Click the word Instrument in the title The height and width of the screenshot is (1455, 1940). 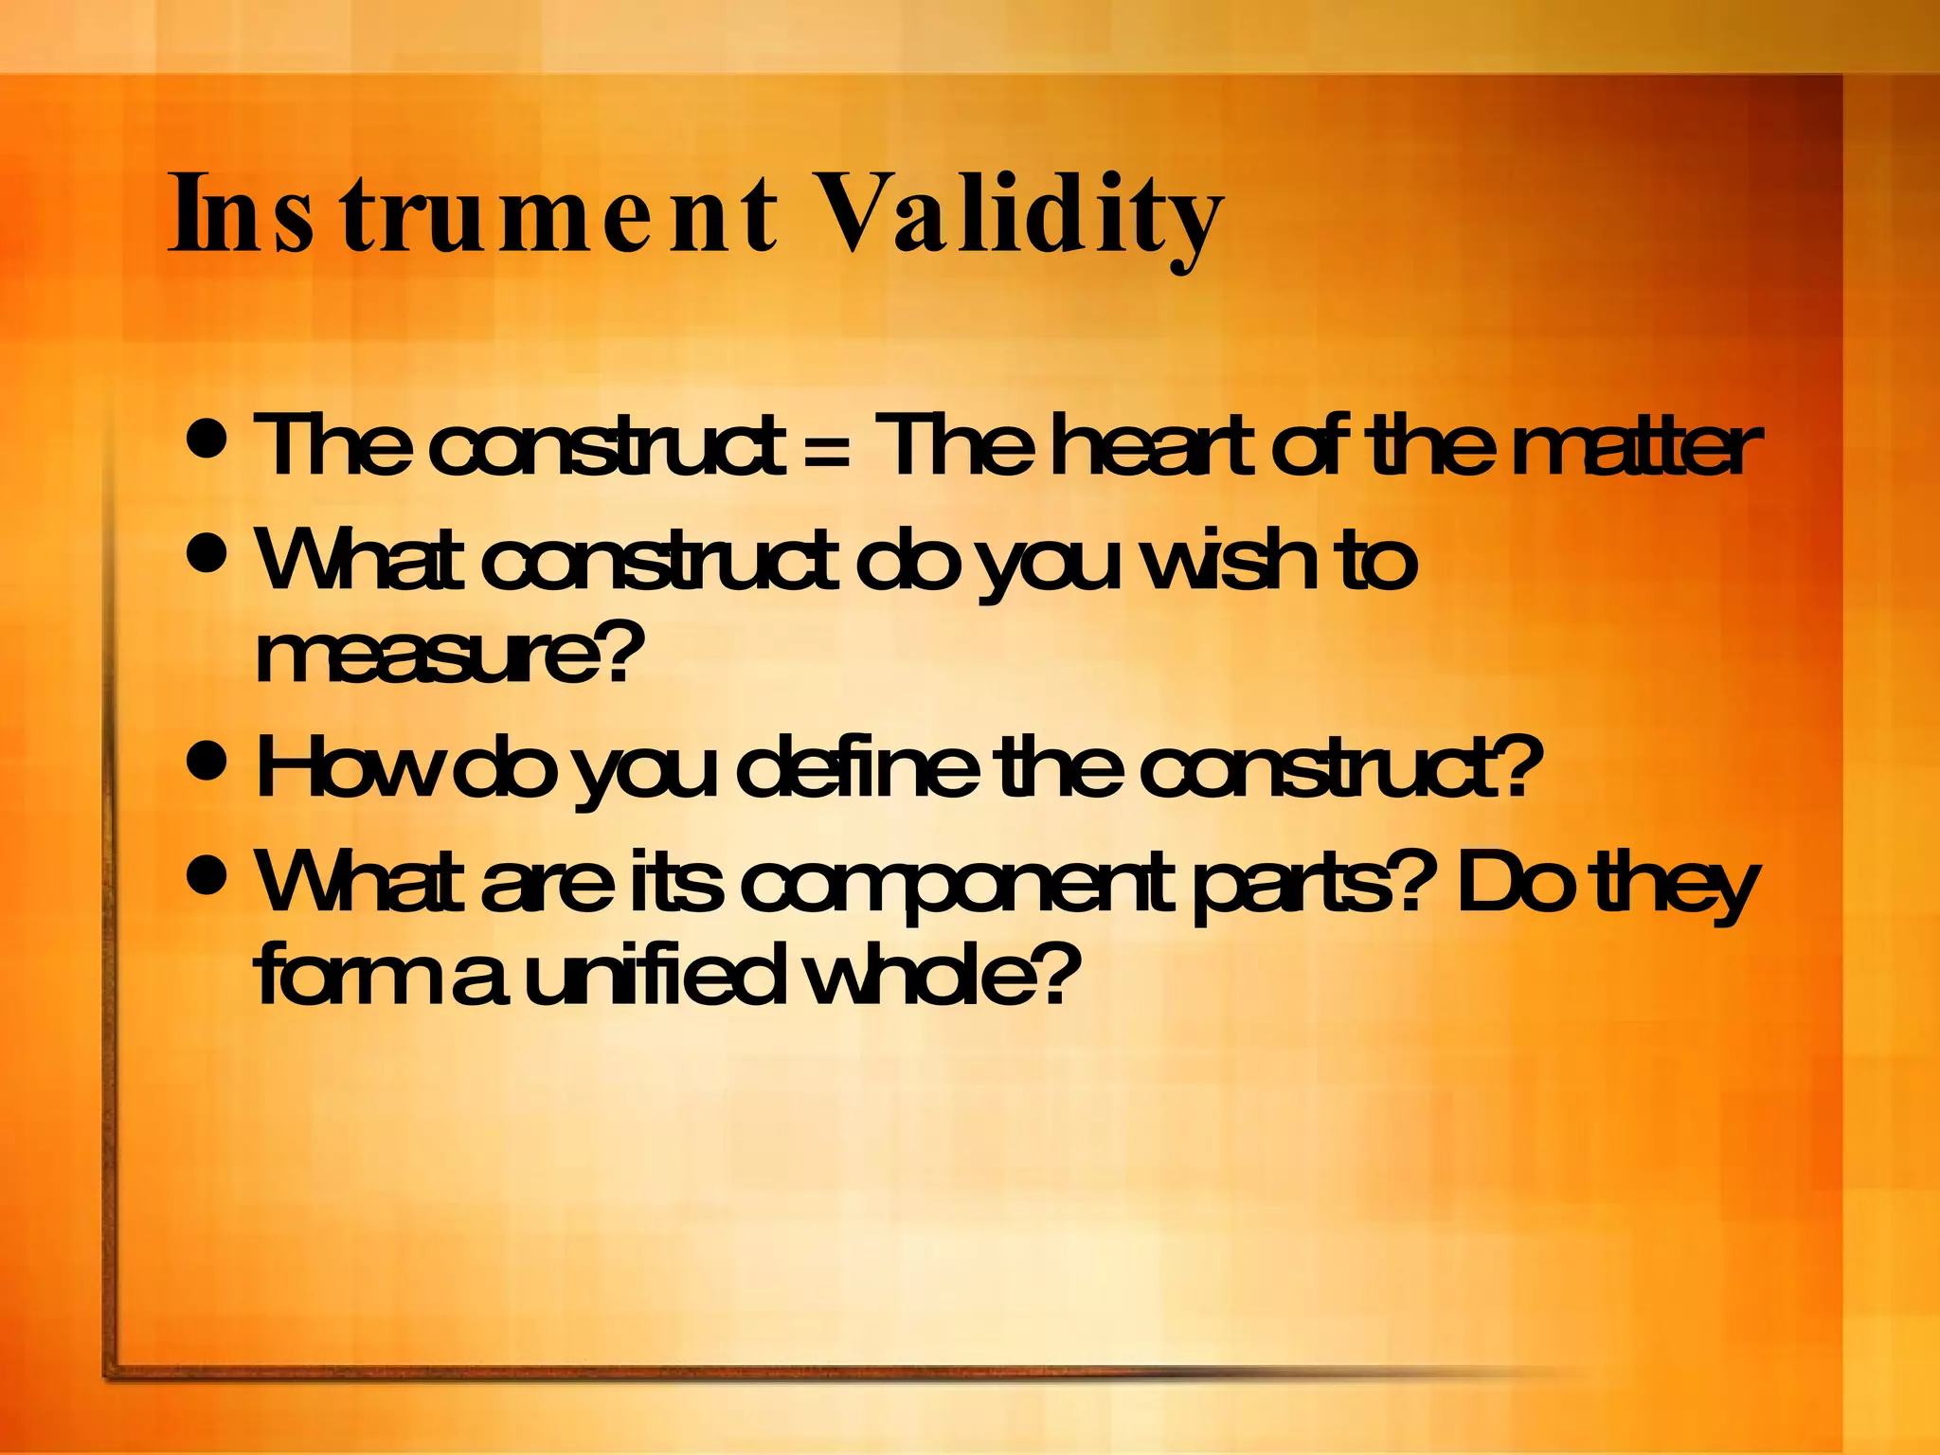[474, 216]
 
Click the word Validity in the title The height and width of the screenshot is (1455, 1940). [1018, 216]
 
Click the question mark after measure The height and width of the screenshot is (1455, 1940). [620, 654]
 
